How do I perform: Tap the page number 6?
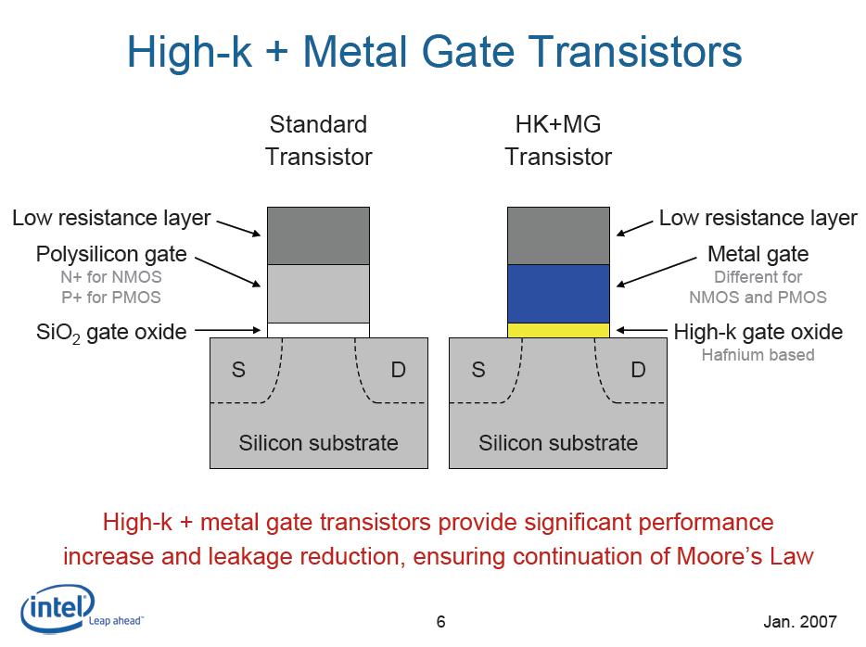click(x=441, y=621)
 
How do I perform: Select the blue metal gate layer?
click(x=558, y=293)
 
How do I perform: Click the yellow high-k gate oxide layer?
click(x=558, y=330)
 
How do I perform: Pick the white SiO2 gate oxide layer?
click(x=318, y=330)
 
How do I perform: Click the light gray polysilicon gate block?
click(x=318, y=293)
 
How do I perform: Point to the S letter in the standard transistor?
click(x=238, y=370)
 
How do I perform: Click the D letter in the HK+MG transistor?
click(x=638, y=370)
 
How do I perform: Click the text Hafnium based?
click(x=758, y=354)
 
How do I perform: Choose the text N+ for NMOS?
click(x=110, y=276)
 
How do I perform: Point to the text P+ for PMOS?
click(x=110, y=297)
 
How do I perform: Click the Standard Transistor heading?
click(x=318, y=141)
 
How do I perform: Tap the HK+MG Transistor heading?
click(x=558, y=141)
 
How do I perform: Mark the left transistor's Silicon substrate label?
click(x=318, y=442)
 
